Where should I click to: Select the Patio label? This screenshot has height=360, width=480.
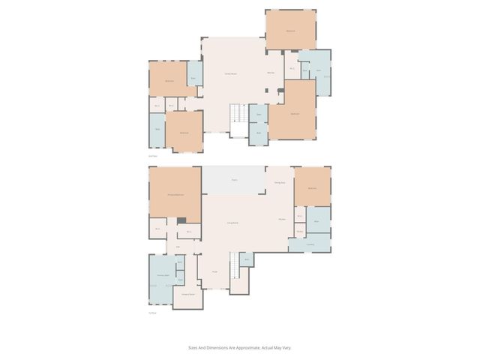[x=234, y=180]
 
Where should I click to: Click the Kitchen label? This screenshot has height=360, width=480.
[x=283, y=219]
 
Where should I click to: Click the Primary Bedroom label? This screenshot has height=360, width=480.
[x=175, y=195]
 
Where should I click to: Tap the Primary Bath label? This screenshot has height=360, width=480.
[x=161, y=277]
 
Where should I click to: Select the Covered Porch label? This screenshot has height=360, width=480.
[x=188, y=295]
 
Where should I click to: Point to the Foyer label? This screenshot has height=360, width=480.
[x=214, y=272]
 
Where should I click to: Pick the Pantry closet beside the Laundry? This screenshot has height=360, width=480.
[x=299, y=232]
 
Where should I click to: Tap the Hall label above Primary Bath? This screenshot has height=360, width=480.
[x=178, y=247]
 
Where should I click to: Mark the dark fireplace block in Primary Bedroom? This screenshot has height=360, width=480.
[x=181, y=220]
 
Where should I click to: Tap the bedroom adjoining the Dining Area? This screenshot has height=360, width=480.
[x=312, y=187]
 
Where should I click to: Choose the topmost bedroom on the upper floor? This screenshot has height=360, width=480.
[x=291, y=30]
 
